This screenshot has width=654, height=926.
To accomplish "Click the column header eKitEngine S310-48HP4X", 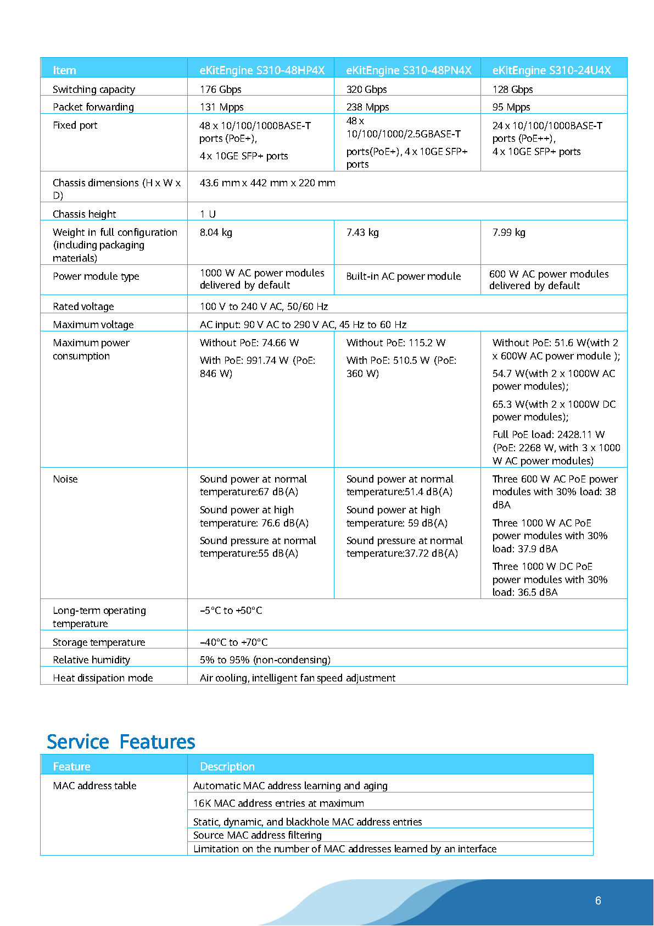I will pyautogui.click(x=262, y=70).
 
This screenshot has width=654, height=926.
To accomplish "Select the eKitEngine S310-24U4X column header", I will pyautogui.click(x=551, y=70).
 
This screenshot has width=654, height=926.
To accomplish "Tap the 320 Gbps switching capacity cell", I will pyautogui.click(x=366, y=89).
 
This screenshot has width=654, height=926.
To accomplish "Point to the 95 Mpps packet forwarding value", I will pyautogui.click(x=511, y=107).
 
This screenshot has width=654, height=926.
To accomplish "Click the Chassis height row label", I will pyautogui.click(x=85, y=214).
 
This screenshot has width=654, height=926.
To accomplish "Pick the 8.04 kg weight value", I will pyautogui.click(x=216, y=232).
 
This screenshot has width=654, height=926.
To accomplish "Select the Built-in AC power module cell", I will pyautogui.click(x=403, y=276).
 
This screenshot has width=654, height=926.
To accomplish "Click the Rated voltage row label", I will pyautogui.click(x=83, y=307).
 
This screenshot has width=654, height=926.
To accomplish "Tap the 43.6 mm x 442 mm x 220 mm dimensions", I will pyautogui.click(x=267, y=183).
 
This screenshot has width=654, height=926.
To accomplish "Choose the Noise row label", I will pyautogui.click(x=65, y=479).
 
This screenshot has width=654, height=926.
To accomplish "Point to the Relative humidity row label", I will pyautogui.click(x=91, y=660).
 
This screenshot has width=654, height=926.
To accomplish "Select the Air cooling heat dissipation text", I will pyautogui.click(x=297, y=678).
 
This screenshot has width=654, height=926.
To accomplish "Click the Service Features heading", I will pyautogui.click(x=121, y=742).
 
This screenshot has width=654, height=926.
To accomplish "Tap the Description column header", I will pyautogui.click(x=227, y=767).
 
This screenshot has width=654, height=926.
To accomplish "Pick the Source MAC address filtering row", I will pyautogui.click(x=257, y=835).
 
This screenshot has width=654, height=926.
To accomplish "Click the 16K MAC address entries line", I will pyautogui.click(x=278, y=803).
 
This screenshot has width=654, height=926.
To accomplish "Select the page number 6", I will pyautogui.click(x=598, y=901).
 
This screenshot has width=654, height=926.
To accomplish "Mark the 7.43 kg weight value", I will pyautogui.click(x=362, y=232).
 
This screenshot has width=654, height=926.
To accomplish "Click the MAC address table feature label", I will pyautogui.click(x=94, y=786).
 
